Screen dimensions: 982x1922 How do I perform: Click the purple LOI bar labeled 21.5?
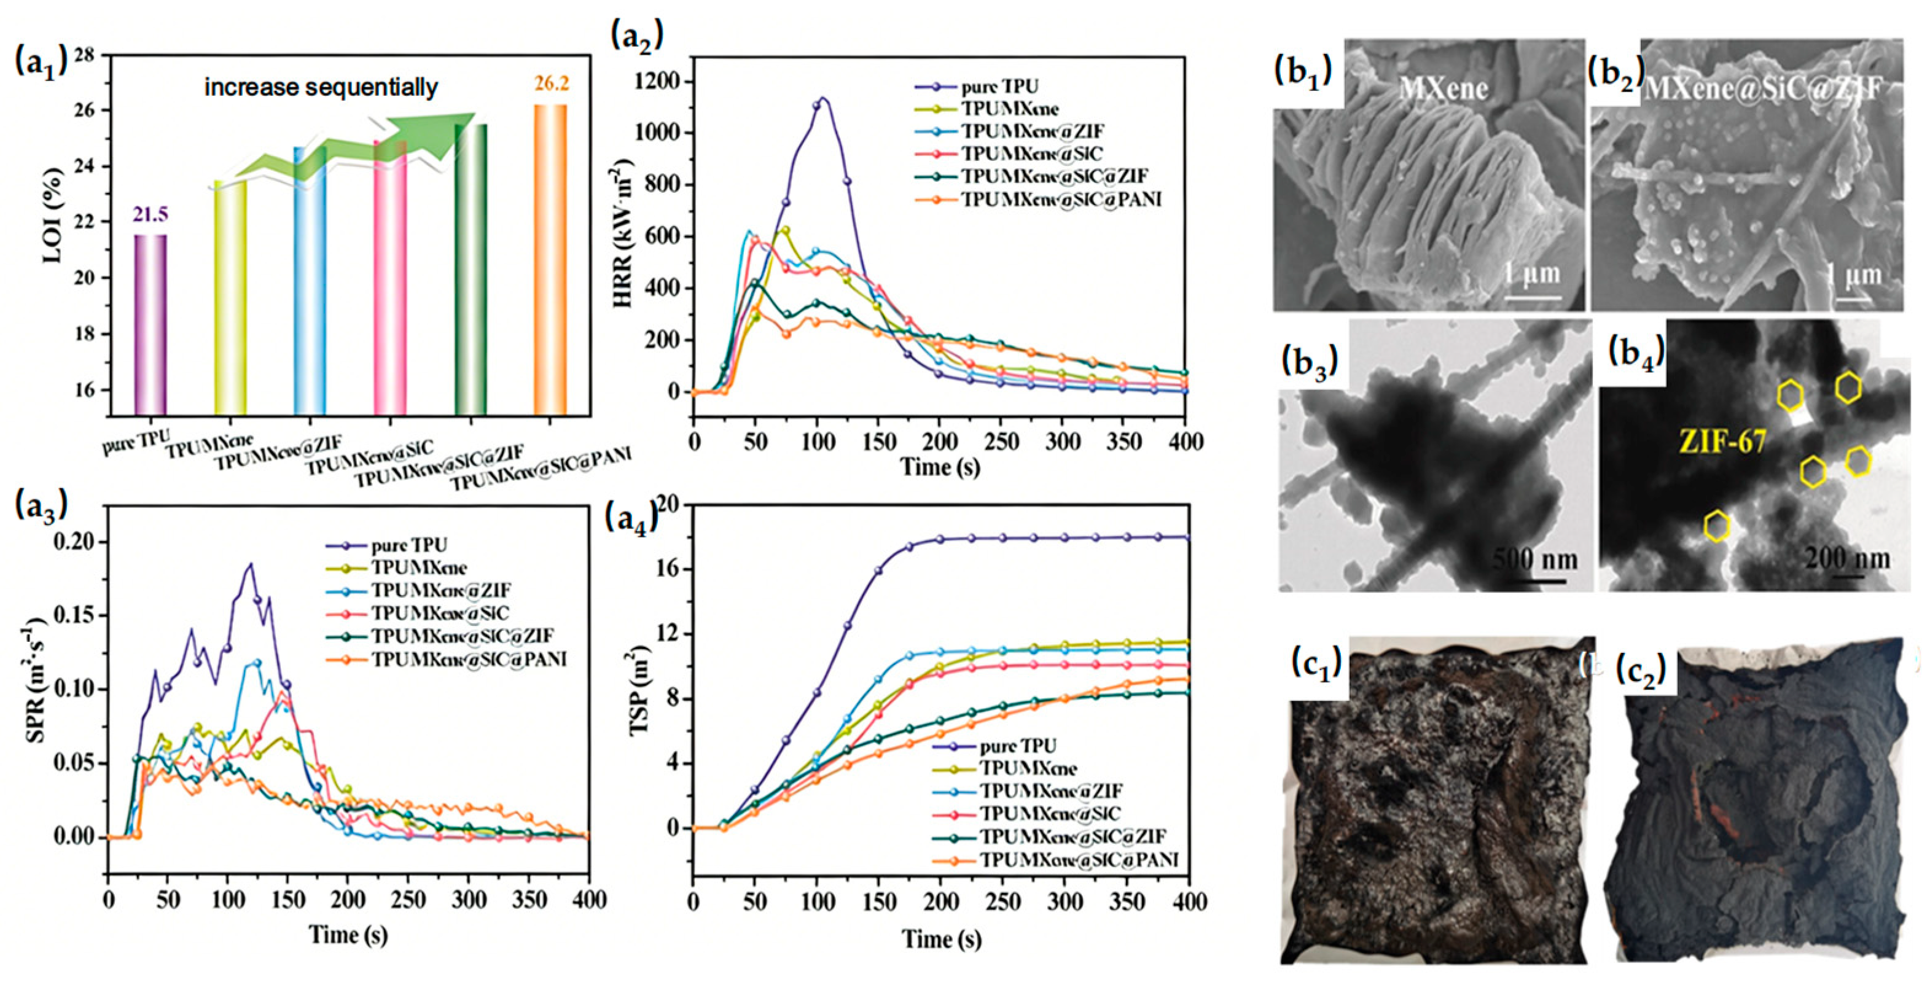pos(150,325)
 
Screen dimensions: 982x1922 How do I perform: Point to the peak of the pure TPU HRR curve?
pos(823,98)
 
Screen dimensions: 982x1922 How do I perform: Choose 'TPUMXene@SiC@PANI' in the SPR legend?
pos(469,660)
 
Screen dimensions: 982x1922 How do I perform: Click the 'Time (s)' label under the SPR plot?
pos(348,934)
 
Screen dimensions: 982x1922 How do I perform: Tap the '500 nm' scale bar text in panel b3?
pos(1535,559)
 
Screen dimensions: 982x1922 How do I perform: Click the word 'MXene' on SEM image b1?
pos(1443,90)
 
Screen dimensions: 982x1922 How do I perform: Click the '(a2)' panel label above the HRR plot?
pos(636,35)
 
